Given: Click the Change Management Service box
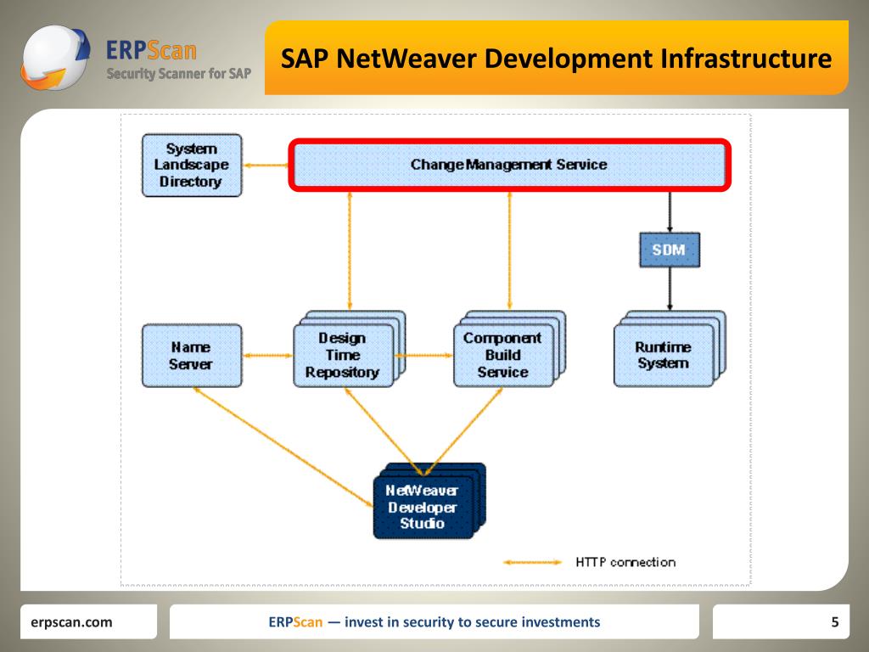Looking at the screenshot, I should pos(509,165).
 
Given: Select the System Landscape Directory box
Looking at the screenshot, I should pos(192,166).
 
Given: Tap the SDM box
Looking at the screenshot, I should pos(669,250).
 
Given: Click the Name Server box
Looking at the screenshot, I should pos(191,356).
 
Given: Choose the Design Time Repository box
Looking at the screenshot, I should pos(343,356).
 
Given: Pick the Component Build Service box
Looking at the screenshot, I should pos(502,355).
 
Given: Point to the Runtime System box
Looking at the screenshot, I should pos(663,355).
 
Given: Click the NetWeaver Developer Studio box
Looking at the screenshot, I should pos(423,507).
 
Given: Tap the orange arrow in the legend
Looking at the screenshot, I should pos(532,562).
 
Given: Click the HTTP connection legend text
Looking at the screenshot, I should pos(625,562).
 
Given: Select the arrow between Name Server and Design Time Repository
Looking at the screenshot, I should pos(267,356).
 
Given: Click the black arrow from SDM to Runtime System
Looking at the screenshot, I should pos(670,289).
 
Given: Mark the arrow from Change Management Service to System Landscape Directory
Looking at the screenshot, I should pos(266,165).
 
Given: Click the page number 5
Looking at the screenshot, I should pos(835,622).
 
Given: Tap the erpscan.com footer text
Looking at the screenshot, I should pos(71,622).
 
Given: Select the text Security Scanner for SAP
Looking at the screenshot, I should pos(178,74).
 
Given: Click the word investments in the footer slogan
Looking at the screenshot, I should pos(561,622).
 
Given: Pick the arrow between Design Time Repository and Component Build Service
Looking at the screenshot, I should pos(423,356).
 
